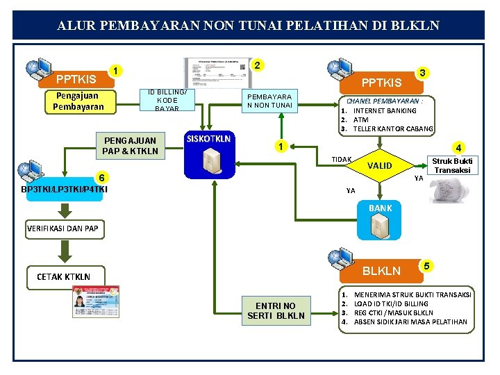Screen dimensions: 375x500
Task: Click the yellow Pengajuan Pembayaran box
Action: (x=78, y=101)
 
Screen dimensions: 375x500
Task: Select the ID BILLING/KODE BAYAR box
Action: (x=167, y=100)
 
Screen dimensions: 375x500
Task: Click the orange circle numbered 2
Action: (x=257, y=65)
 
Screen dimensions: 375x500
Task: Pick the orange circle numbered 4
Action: (x=457, y=147)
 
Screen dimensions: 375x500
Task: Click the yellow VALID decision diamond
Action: (x=379, y=166)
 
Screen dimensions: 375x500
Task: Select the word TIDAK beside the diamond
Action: (x=341, y=159)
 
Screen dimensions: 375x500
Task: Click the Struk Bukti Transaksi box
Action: (x=452, y=165)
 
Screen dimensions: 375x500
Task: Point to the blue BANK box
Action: (x=381, y=222)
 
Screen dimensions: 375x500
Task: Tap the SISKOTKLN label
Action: (x=208, y=138)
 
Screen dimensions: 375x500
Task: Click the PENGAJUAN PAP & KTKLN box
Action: (x=130, y=145)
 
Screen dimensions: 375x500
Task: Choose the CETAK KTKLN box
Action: (x=63, y=276)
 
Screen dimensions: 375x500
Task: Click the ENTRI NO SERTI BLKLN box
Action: (x=276, y=310)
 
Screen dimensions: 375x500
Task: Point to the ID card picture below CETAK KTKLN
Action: (x=96, y=301)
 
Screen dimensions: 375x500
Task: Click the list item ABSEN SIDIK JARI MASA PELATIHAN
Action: (x=410, y=322)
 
